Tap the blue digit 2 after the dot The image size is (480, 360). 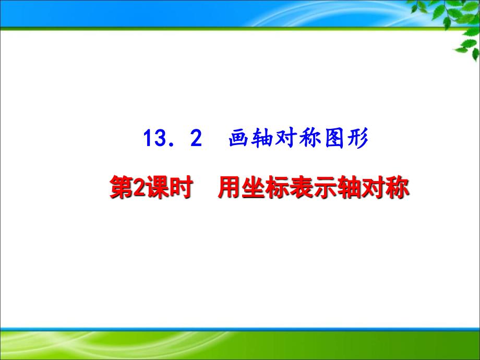coord(196,138)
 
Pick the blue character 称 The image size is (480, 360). coord(310,138)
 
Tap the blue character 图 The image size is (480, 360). coord(334,138)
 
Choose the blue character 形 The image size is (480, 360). coord(357,138)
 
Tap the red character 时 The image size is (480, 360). coord(181,187)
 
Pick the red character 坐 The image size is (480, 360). coord(253,187)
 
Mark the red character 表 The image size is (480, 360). coord(301,187)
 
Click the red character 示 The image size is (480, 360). coord(325,187)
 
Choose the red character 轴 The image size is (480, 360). coord(349,187)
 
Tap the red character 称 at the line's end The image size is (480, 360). coord(397,187)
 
